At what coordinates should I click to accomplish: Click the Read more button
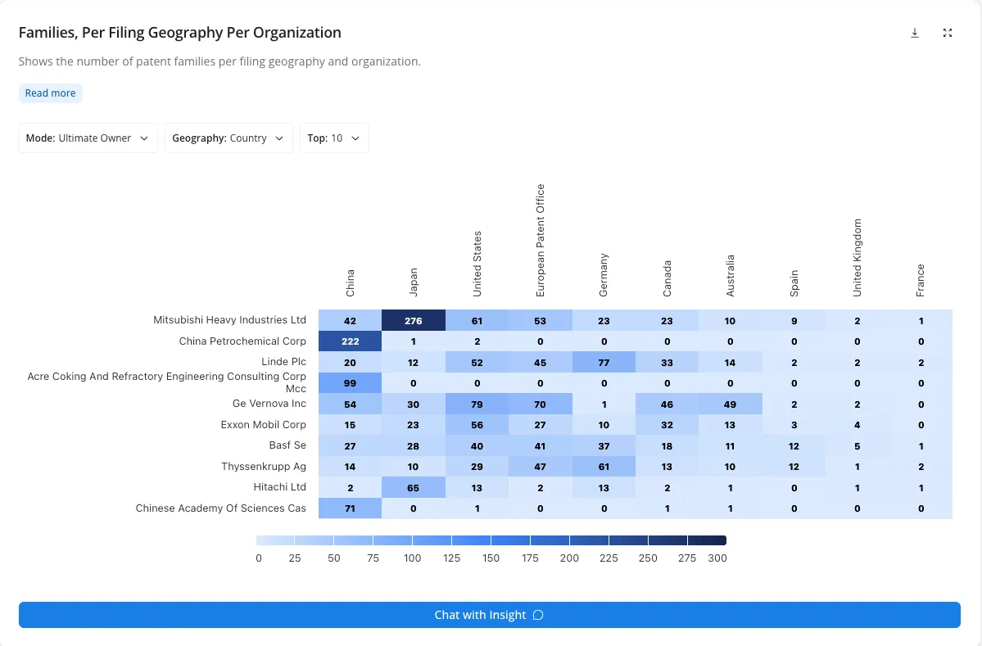point(50,93)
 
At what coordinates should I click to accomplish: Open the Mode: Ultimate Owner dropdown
point(88,138)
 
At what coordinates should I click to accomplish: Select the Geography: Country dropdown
point(229,138)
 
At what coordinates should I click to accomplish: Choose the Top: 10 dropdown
point(334,138)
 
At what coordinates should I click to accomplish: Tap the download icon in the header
point(914,34)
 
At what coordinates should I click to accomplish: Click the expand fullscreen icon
point(948,34)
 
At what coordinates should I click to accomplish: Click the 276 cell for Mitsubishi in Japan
point(414,320)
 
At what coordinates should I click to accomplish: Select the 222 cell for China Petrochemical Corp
point(350,341)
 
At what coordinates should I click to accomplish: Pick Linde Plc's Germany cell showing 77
point(604,363)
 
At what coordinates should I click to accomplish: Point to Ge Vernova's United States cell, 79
point(477,404)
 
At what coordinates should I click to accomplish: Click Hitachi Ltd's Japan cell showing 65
point(414,488)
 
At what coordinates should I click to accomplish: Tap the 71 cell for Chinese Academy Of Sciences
point(350,508)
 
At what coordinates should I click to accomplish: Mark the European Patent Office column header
point(541,241)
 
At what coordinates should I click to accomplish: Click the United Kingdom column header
point(858,258)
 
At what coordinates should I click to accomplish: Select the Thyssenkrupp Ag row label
point(264,467)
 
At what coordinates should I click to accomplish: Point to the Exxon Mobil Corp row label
point(263,424)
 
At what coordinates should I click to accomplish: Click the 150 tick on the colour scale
point(491,558)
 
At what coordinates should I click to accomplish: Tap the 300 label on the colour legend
point(717,558)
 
